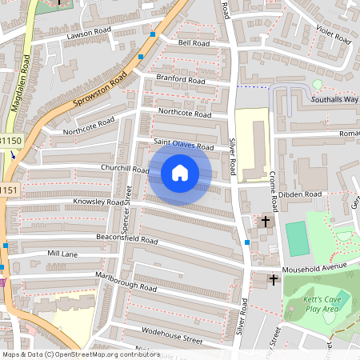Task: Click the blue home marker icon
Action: pyautogui.click(x=180, y=173)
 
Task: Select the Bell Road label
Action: pyautogui.click(x=194, y=42)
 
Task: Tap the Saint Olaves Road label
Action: pyautogui.click(x=183, y=146)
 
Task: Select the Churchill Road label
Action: pyautogui.click(x=125, y=169)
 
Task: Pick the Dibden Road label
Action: pyautogui.click(x=301, y=194)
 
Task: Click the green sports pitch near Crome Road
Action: pyautogui.click(x=297, y=238)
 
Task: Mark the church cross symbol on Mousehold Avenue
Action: pyautogui.click(x=274, y=279)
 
